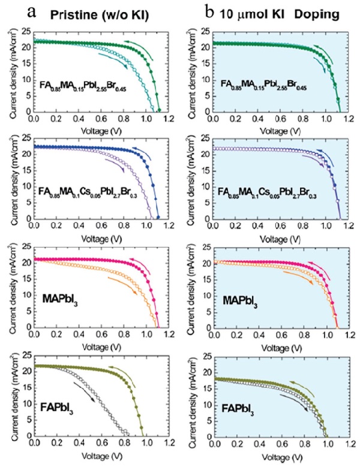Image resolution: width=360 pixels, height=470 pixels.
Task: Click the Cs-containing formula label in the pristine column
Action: (x=91, y=191)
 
